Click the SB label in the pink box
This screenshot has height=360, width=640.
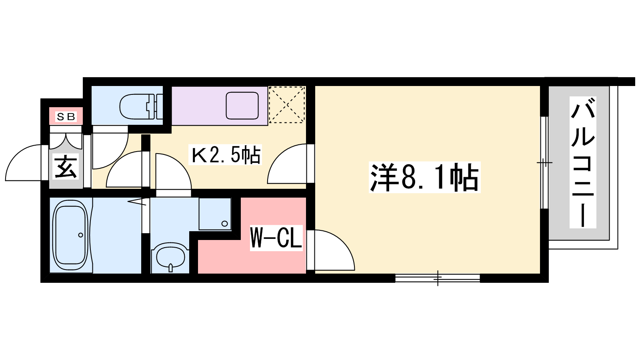click(66, 116)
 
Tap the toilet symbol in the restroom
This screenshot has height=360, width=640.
click(141, 106)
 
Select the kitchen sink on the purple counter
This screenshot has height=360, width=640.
click(242, 106)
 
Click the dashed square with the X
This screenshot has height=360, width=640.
click(287, 105)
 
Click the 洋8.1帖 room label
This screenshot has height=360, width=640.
click(424, 177)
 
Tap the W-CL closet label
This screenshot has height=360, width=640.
click(276, 238)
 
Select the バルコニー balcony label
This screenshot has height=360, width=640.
click(583, 162)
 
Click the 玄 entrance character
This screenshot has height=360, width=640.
click(66, 167)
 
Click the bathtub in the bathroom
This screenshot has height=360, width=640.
click(70, 236)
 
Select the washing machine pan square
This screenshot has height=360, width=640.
click(215, 214)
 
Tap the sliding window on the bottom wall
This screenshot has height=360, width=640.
click(438, 278)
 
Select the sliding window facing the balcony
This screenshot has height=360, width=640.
click(544, 162)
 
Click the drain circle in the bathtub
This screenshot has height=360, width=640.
click(80, 235)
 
